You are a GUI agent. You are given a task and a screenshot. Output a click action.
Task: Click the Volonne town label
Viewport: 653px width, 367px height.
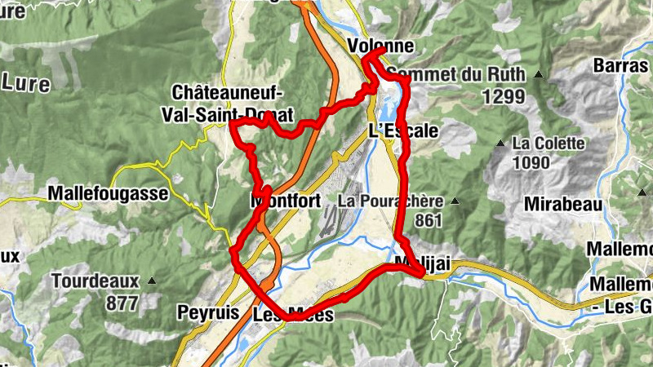pos(380,46)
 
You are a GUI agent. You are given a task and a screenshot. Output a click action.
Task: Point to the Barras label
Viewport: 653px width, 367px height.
pos(622,64)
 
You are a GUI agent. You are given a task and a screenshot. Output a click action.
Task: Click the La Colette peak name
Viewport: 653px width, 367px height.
pos(549,144)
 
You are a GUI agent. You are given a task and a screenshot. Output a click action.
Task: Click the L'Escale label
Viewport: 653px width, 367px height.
pos(403,130)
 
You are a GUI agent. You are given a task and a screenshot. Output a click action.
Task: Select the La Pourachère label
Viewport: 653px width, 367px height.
pos(391,201)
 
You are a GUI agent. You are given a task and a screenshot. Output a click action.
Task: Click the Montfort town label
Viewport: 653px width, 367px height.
pos(285,201)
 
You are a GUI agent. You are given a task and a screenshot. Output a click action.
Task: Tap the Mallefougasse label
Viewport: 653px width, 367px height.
pos(109,194)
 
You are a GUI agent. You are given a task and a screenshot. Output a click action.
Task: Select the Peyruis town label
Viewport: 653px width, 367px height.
pos(207,312)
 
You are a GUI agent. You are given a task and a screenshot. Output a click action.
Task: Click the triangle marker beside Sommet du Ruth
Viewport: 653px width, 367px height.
pos(538,75)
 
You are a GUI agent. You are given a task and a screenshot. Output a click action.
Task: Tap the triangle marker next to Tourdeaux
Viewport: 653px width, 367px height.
pos(153,281)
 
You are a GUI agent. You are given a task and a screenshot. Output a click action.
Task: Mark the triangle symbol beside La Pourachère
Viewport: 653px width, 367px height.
pos(455,201)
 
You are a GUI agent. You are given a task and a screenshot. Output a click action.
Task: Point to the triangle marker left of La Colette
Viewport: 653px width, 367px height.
pos(500,144)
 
